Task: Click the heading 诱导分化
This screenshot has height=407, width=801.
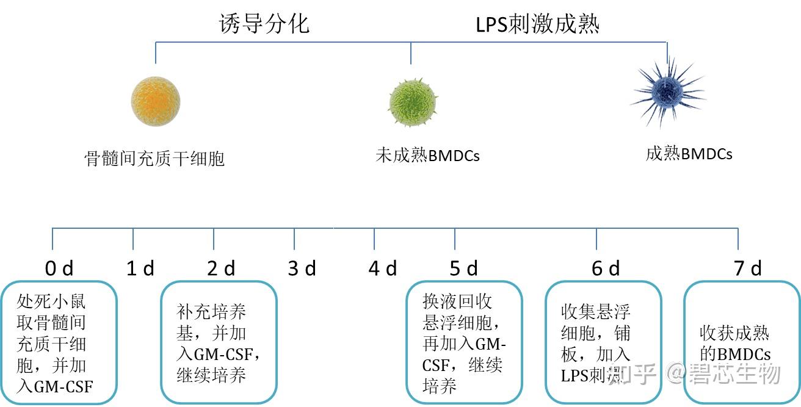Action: point(264,24)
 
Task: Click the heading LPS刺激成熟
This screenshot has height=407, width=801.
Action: point(537,24)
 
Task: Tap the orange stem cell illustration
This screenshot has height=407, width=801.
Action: point(156,101)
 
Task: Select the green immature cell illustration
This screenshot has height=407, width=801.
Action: point(413,101)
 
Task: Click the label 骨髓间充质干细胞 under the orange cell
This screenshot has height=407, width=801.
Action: point(154,159)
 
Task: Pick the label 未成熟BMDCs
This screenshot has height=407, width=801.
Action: point(427,156)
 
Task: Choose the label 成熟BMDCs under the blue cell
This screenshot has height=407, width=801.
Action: point(689,153)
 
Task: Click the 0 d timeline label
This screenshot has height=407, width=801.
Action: point(59,268)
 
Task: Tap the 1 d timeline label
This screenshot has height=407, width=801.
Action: point(140,268)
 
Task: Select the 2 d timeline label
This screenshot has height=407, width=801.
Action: point(221,268)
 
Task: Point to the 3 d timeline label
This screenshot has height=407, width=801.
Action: point(302,268)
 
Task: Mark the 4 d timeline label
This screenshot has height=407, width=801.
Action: point(382,268)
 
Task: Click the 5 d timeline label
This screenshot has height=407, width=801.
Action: point(463,268)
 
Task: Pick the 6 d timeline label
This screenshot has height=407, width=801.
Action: point(605,268)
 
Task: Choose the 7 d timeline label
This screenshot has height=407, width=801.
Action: point(747,268)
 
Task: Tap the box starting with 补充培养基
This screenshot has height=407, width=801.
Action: point(219,342)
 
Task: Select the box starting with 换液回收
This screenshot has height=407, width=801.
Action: point(464,342)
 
